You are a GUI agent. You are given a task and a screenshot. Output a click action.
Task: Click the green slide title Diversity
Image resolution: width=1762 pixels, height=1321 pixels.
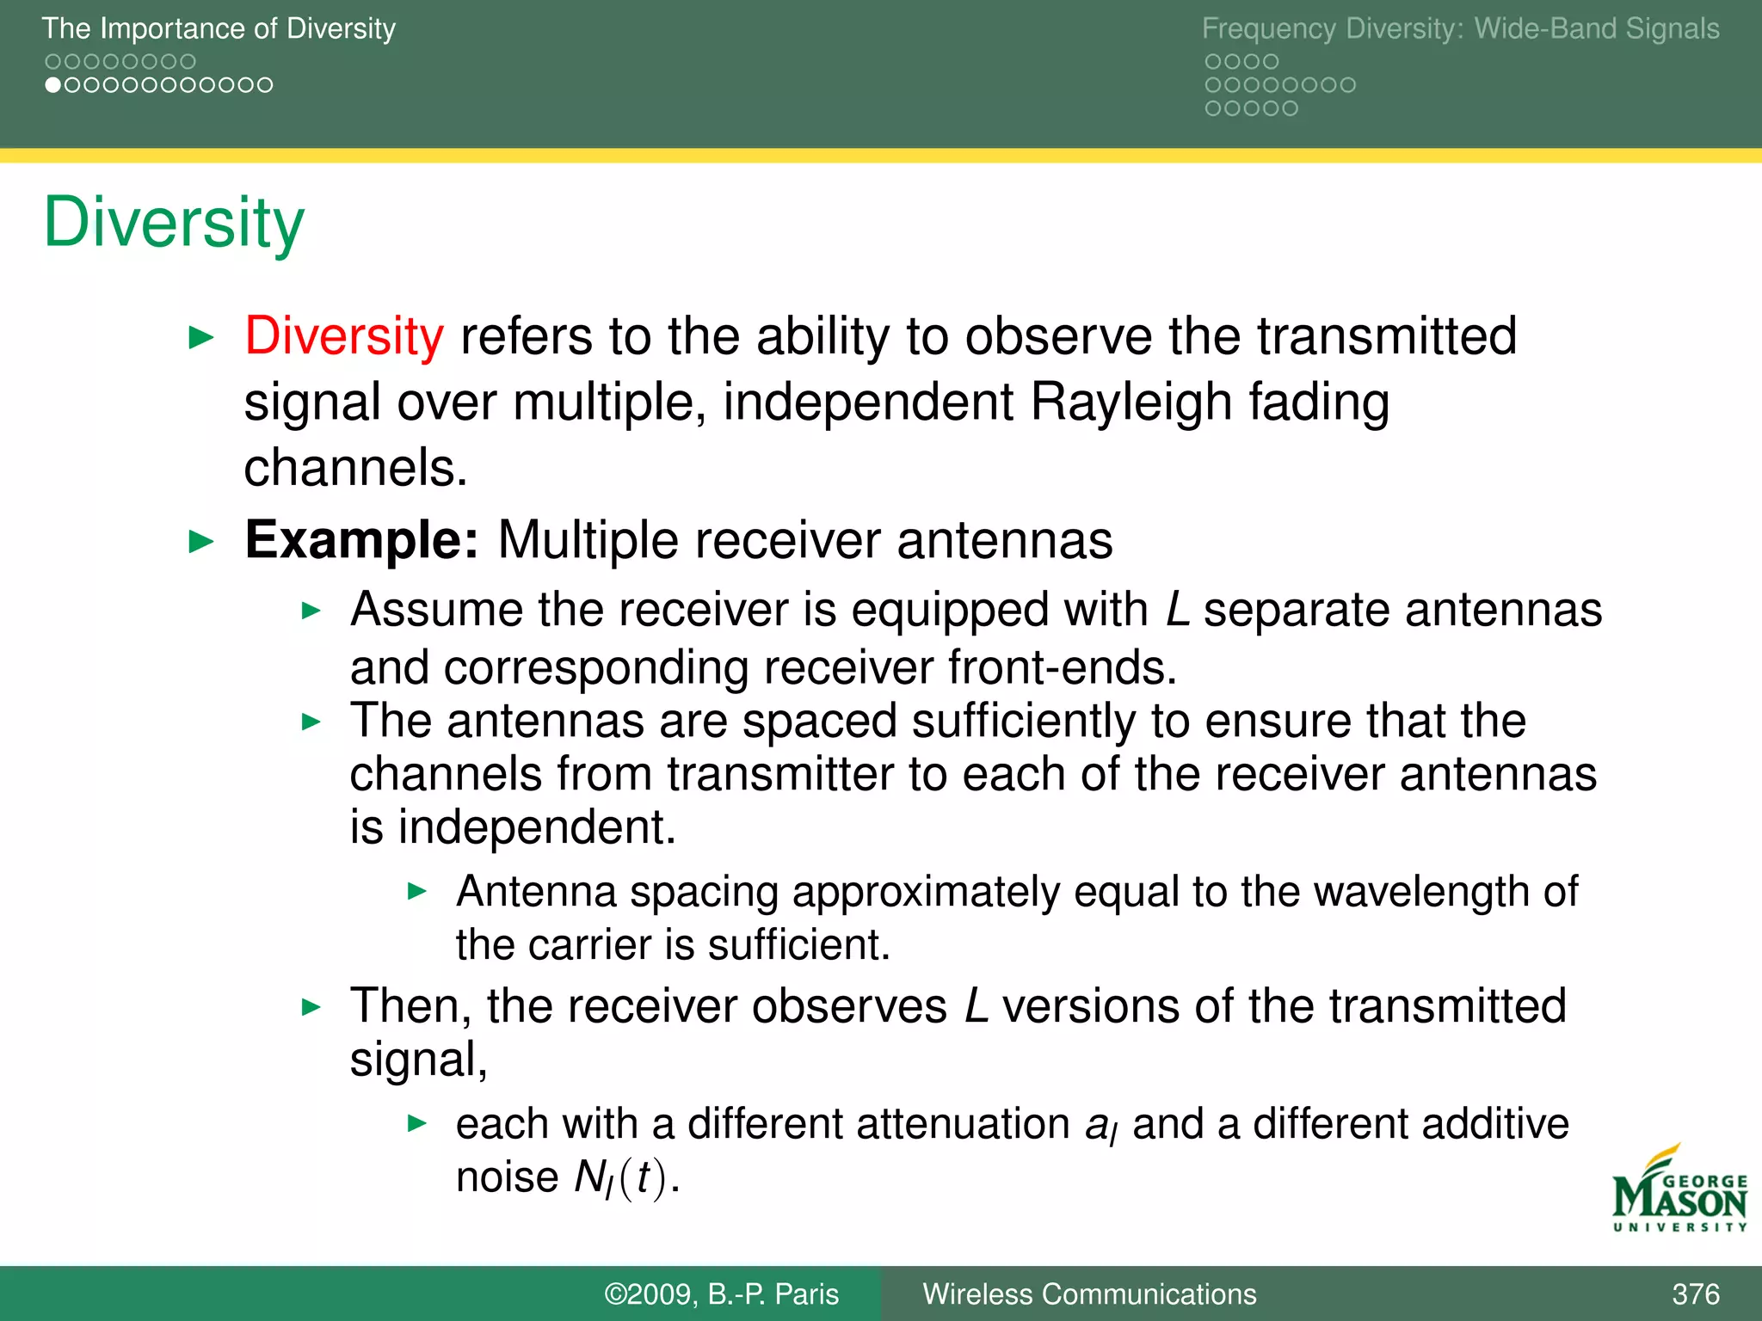coord(174,224)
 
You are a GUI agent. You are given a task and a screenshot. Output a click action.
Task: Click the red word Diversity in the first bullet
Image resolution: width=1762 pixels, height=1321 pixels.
coord(343,336)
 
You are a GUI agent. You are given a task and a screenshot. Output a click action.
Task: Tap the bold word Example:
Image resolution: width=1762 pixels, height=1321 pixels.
coord(360,540)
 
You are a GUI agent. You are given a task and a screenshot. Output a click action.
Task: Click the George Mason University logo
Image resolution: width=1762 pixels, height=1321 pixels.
coord(1679,1190)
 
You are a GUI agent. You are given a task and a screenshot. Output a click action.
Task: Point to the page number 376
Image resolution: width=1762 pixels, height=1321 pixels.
coord(1695,1293)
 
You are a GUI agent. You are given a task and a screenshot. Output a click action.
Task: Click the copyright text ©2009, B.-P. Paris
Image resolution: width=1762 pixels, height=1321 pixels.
coord(721,1293)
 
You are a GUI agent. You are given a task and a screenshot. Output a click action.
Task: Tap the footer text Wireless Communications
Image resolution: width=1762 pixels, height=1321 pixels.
coord(1089,1293)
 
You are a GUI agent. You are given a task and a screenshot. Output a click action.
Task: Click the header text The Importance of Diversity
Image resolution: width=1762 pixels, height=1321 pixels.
coord(219,28)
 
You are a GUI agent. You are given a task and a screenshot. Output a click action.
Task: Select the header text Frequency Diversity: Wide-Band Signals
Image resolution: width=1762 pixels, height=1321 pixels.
coord(1460,28)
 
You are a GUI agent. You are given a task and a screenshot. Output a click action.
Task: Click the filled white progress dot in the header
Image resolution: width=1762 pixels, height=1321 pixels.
coord(53,85)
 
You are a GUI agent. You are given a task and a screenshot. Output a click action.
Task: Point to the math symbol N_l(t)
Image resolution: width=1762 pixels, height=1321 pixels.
coord(619,1178)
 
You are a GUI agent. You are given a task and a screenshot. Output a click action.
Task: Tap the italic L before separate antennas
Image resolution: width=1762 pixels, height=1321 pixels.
coord(1177,611)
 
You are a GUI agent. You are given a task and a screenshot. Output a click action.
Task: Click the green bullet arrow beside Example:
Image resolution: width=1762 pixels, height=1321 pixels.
coord(200,542)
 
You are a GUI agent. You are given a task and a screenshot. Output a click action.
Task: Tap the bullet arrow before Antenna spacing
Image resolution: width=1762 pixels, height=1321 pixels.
coord(417,891)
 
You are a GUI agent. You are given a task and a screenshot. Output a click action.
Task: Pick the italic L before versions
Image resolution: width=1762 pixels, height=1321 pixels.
coord(976,1006)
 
